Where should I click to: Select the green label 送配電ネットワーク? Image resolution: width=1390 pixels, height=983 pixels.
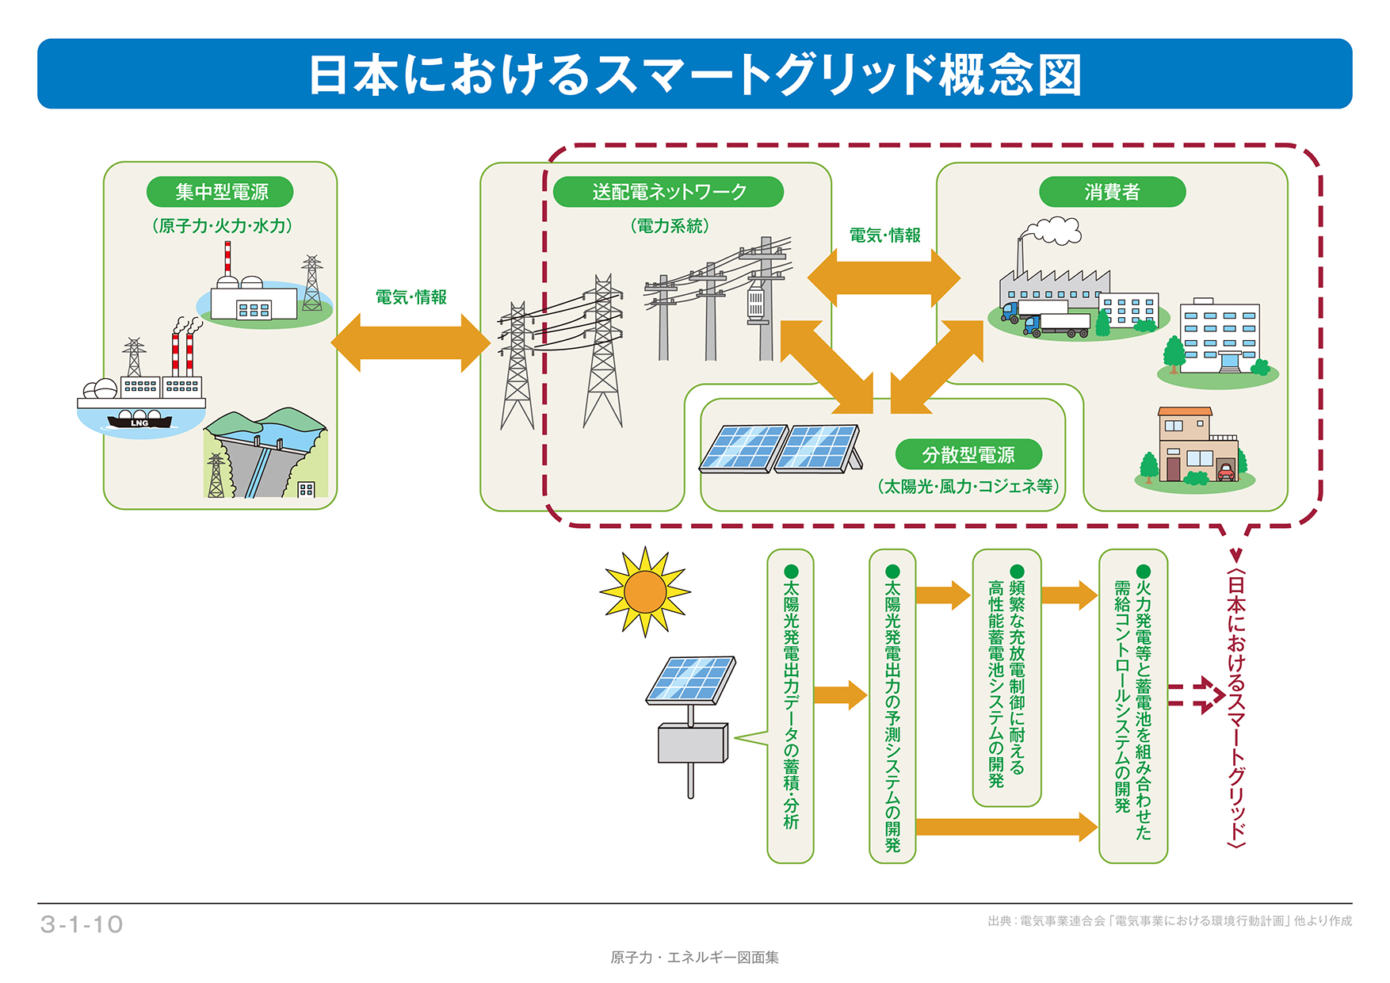[x=668, y=192]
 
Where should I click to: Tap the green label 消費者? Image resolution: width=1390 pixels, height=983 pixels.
[x=1112, y=192]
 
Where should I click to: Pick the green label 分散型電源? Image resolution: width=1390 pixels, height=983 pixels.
[x=968, y=455]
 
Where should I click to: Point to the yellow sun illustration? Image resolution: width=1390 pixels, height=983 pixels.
[x=645, y=591]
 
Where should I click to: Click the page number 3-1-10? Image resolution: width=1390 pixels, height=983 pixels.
[x=82, y=924]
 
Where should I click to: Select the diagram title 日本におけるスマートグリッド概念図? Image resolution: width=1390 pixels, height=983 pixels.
[x=694, y=75]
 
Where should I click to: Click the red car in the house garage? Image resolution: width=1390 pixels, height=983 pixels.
[x=1225, y=472]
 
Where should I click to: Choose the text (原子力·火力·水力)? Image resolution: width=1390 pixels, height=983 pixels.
[x=222, y=226]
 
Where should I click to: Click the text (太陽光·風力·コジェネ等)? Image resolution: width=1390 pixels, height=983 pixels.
[x=968, y=486]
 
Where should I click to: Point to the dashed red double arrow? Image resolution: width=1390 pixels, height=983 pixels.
[x=1196, y=695]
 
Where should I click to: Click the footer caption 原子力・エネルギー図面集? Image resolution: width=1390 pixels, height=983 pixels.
[x=694, y=958]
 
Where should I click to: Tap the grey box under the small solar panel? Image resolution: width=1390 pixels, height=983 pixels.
[x=692, y=744]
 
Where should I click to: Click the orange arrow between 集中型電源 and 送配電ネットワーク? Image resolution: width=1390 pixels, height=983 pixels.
[x=411, y=342]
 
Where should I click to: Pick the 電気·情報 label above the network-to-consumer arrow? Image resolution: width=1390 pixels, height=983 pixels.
[x=884, y=235]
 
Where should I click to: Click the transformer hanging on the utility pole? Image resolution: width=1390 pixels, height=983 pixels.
[x=755, y=304]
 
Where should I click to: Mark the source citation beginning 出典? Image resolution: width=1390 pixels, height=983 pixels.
[x=1170, y=921]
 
